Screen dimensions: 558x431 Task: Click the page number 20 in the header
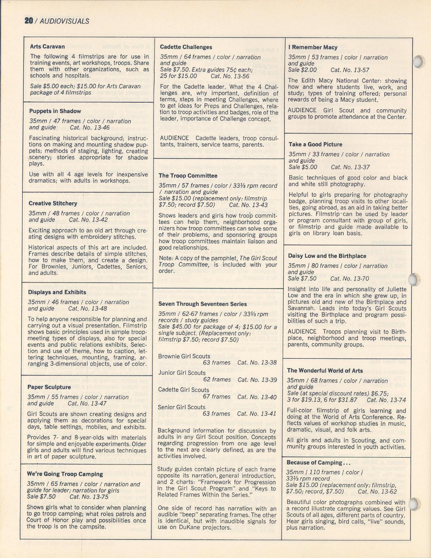[28, 21]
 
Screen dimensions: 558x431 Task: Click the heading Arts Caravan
[47, 47]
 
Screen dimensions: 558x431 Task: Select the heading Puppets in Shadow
[55, 111]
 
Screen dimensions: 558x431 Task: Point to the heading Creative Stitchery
[53, 203]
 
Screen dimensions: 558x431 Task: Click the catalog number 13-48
[88, 308]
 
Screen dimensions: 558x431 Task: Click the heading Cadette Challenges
[186, 47]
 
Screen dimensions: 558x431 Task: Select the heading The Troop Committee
[188, 175]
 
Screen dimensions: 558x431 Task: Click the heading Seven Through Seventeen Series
[202, 304]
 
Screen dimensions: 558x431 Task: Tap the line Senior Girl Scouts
[182, 407]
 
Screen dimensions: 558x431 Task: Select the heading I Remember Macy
[313, 47]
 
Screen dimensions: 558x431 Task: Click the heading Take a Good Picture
[315, 144]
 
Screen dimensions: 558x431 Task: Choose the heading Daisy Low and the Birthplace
[327, 256]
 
